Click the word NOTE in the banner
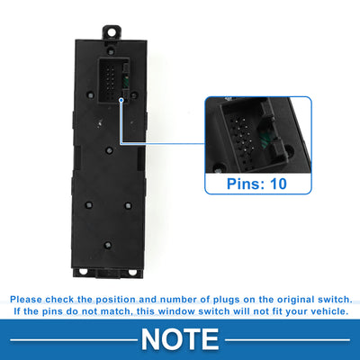click(180, 339)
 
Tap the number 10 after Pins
click(278, 184)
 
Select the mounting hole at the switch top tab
click(112, 31)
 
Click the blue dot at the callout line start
click(121, 101)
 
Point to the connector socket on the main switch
click(113, 80)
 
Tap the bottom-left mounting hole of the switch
click(83, 272)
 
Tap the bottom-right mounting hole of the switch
click(132, 272)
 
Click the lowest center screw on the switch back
click(108, 245)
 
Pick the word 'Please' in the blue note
click(26, 300)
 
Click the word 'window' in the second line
click(176, 311)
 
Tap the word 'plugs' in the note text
click(227, 300)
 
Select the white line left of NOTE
click(74, 340)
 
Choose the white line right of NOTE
click(287, 340)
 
